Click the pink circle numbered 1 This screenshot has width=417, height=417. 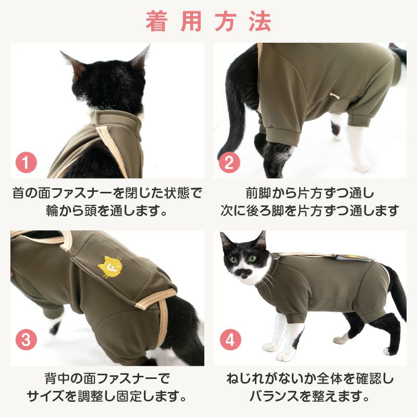pos(27,163)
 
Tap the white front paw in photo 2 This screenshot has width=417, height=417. pos(359,164)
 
